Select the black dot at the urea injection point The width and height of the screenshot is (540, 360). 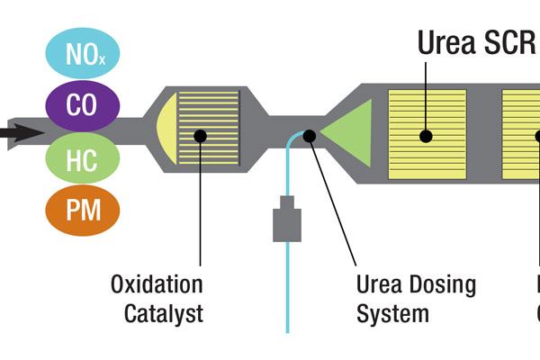tap(309, 136)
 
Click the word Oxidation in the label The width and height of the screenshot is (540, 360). tap(157, 285)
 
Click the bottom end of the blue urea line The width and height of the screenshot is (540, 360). tap(287, 331)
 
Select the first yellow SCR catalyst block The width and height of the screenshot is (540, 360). tap(427, 135)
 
